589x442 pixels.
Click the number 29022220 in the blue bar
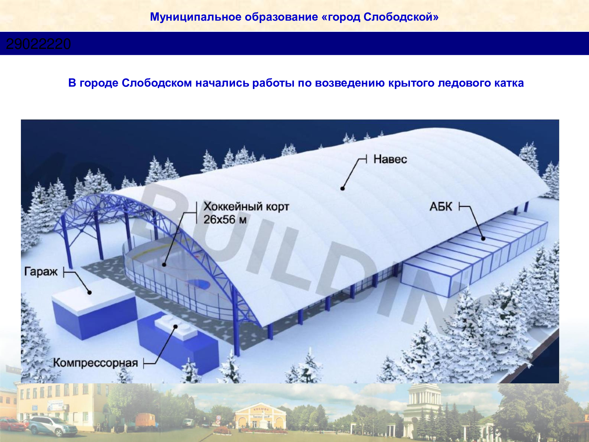[38, 44]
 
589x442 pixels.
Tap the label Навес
[390, 159]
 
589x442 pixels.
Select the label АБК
[441, 207]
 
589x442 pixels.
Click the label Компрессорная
[95, 363]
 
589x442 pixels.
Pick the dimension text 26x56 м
[225, 220]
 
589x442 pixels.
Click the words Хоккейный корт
[246, 207]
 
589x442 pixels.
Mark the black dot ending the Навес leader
[342, 188]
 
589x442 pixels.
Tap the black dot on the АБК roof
[483, 239]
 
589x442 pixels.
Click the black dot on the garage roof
[90, 292]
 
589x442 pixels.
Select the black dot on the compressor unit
[176, 326]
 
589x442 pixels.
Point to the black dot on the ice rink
[164, 265]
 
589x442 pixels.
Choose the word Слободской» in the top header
[401, 17]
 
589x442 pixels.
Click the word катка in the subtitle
[509, 83]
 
